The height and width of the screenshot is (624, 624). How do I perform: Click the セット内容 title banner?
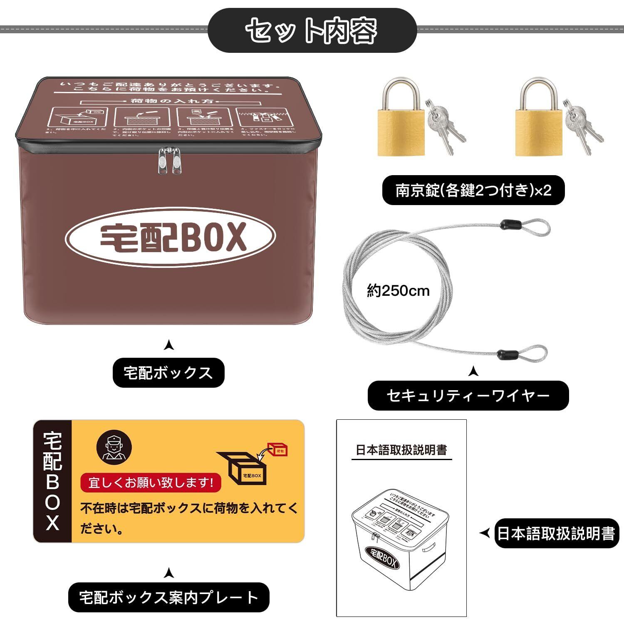[x=312, y=30]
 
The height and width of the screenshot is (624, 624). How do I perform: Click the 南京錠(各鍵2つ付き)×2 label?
[x=473, y=191]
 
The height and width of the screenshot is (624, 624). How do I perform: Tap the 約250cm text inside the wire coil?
[x=398, y=290]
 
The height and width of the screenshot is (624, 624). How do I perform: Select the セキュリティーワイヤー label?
[x=468, y=395]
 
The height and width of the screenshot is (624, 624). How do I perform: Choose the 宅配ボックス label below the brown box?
[x=168, y=373]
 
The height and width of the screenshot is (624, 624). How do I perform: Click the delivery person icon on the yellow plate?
[x=114, y=447]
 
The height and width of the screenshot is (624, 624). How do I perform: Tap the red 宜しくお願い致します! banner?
[x=151, y=483]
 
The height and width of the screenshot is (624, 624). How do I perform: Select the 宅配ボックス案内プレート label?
[x=168, y=597]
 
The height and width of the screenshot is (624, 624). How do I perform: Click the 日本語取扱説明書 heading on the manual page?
[x=401, y=450]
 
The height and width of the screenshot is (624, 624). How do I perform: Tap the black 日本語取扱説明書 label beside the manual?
[x=556, y=533]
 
